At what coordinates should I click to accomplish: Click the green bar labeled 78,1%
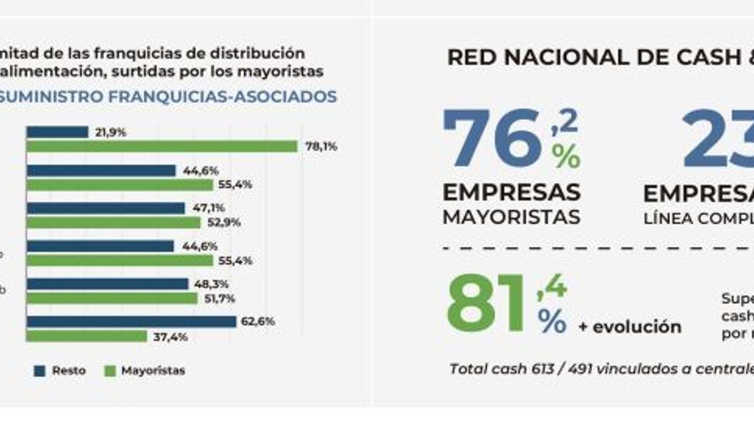[x=162, y=147]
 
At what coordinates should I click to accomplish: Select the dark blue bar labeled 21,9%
[x=57, y=132]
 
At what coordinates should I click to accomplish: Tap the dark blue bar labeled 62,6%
[x=131, y=322]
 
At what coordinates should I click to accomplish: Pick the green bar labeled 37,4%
[x=87, y=336]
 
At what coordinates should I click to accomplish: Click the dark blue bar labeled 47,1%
[x=106, y=208]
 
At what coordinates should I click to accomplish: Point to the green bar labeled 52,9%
[x=114, y=222]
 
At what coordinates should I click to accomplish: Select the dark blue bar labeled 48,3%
[x=107, y=284]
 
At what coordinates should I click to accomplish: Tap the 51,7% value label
[x=220, y=299]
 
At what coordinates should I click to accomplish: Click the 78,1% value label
[x=321, y=147]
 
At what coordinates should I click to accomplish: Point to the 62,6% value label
[x=258, y=322]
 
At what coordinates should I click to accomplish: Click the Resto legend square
[x=40, y=371]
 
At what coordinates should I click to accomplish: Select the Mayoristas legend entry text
[x=153, y=371]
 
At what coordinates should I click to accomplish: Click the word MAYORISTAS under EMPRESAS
[x=511, y=217]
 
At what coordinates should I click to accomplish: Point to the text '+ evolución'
[x=630, y=326]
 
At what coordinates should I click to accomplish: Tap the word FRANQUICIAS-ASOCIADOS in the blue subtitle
[x=222, y=97]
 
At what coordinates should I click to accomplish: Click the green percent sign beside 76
[x=566, y=156]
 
